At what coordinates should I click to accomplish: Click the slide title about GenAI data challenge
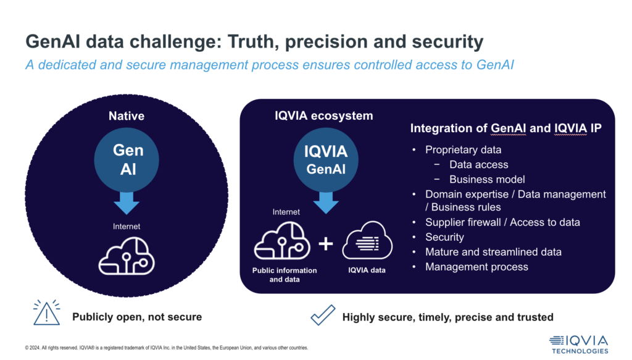point(254,42)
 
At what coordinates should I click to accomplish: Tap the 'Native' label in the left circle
point(126,116)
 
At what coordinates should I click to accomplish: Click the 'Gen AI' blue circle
point(128,159)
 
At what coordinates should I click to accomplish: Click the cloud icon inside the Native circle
point(127,254)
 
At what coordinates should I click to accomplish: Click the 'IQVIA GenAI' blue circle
point(325,159)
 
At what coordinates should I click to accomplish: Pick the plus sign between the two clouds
point(325,245)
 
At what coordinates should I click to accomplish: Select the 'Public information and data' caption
point(285,275)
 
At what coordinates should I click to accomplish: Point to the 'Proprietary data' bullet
point(463,149)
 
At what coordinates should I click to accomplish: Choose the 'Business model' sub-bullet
point(487,179)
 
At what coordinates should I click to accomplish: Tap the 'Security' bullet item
point(444,237)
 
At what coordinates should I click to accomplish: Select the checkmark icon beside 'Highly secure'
point(322,316)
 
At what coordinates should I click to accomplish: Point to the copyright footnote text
point(166,348)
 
